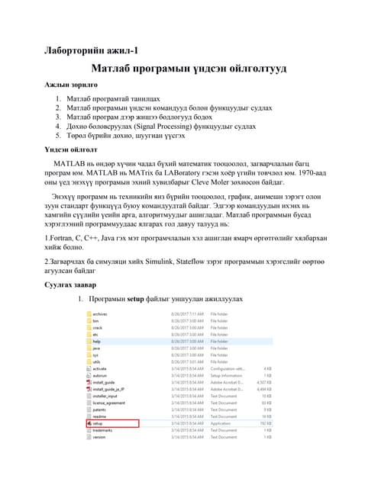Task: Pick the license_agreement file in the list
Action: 108,402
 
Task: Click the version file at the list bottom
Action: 99,437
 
